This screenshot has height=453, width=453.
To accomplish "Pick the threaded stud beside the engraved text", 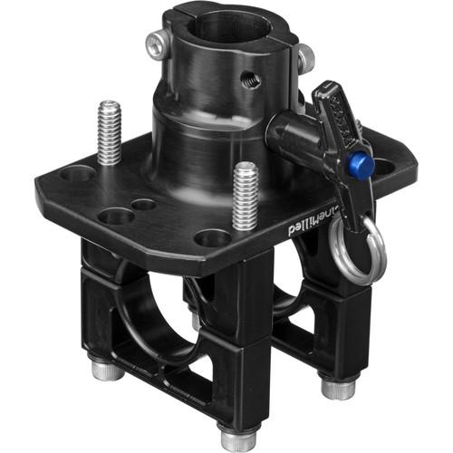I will tap(246, 196).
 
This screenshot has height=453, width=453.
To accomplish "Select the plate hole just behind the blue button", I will tap(381, 167).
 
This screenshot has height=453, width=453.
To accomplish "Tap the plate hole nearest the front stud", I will tap(213, 238).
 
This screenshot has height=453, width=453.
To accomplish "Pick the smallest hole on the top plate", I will tap(144, 205).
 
